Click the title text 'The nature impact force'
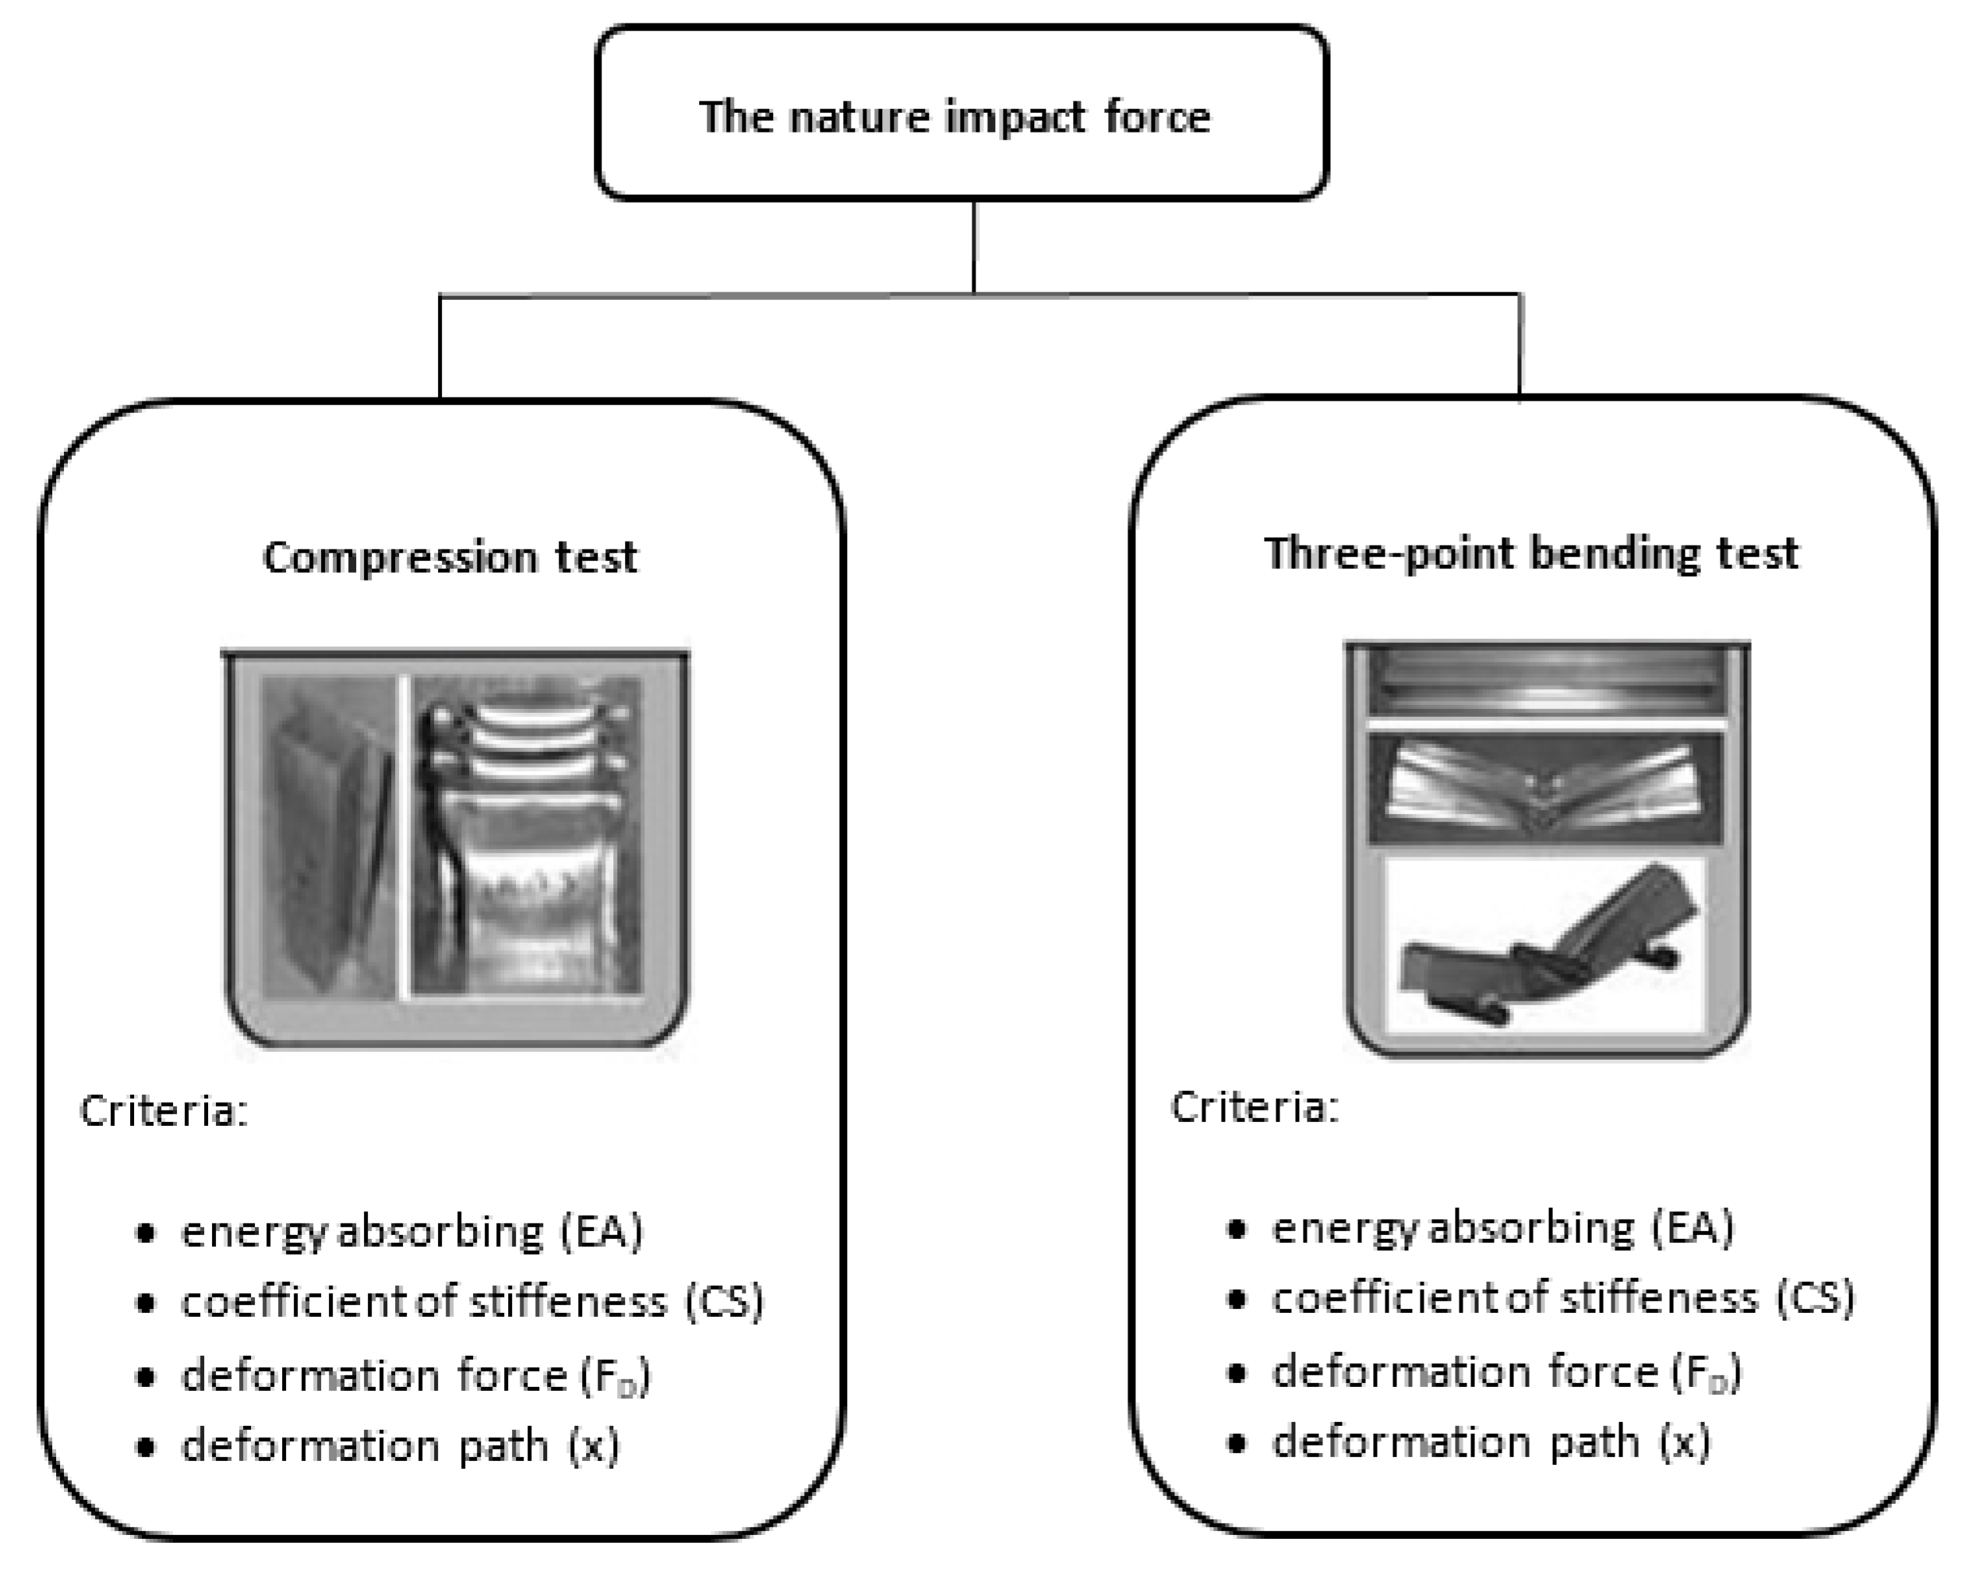955,117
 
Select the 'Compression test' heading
450,557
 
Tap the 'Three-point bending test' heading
1531,554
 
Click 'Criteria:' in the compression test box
164,1112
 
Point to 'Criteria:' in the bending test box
1255,1107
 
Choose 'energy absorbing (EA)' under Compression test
411,1232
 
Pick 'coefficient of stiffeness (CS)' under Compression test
472,1302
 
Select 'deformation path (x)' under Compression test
400,1447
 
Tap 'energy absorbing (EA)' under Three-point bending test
1502,1228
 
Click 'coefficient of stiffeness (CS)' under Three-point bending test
1563,1298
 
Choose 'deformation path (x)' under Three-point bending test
1491,1443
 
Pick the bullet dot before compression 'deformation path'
145,1448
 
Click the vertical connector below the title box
974,247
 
